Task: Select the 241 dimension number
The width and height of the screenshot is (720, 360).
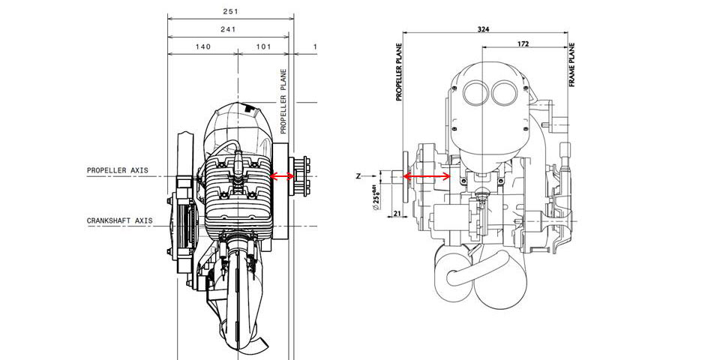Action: [x=229, y=31]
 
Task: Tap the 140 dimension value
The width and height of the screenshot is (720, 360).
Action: [x=202, y=46]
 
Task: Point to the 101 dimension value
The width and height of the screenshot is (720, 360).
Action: [x=264, y=46]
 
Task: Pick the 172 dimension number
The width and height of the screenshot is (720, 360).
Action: [x=523, y=45]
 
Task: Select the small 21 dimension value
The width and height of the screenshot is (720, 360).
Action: [x=395, y=214]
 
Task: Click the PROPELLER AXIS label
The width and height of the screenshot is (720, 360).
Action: [x=117, y=170]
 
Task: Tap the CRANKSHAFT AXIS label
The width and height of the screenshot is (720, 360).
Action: [x=119, y=220]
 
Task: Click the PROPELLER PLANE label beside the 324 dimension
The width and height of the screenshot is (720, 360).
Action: [x=398, y=71]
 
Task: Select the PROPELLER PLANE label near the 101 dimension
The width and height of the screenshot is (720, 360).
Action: [x=283, y=101]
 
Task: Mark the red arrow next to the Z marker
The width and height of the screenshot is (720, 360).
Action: [x=427, y=176]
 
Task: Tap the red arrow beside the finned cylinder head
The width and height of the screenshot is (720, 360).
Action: [x=283, y=176]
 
